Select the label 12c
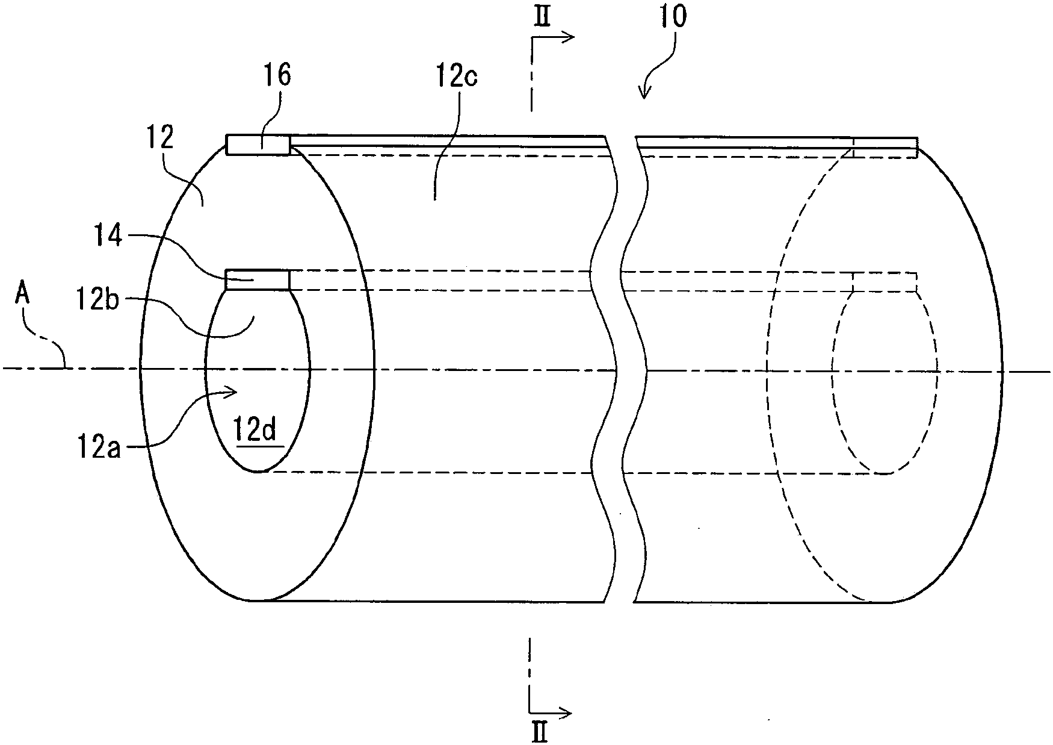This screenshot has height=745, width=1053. click(455, 78)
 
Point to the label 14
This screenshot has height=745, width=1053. click(108, 236)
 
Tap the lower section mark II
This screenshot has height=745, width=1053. click(540, 733)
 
